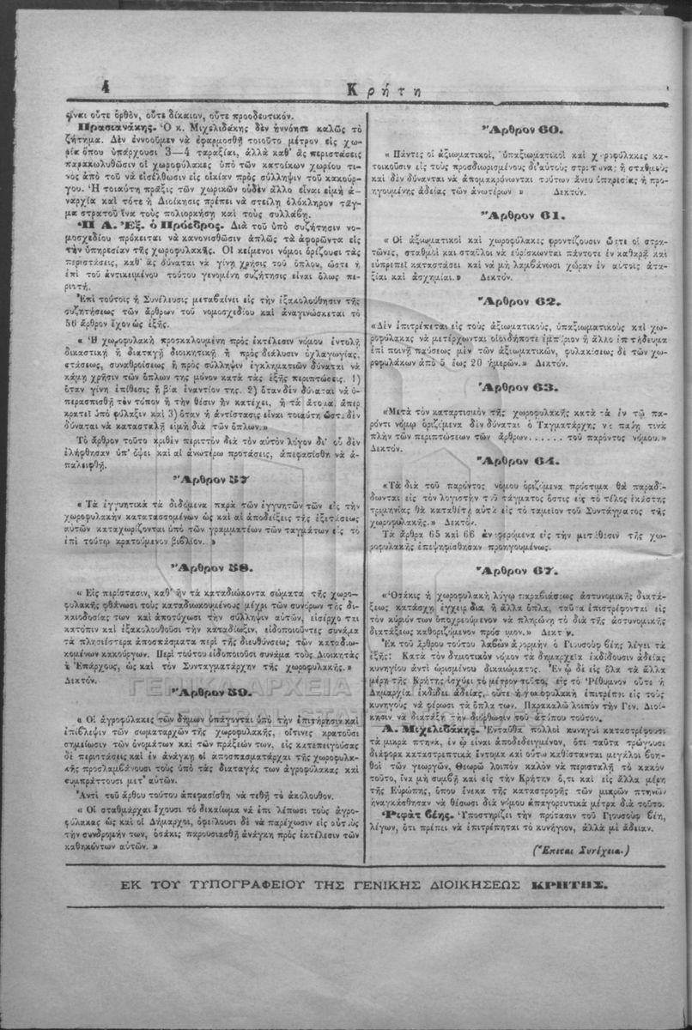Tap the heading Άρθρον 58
click(x=211, y=568)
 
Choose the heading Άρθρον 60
click(x=522, y=129)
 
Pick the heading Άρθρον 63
click(x=522, y=386)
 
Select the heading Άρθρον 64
click(x=522, y=460)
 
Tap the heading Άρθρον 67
click(x=522, y=570)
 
